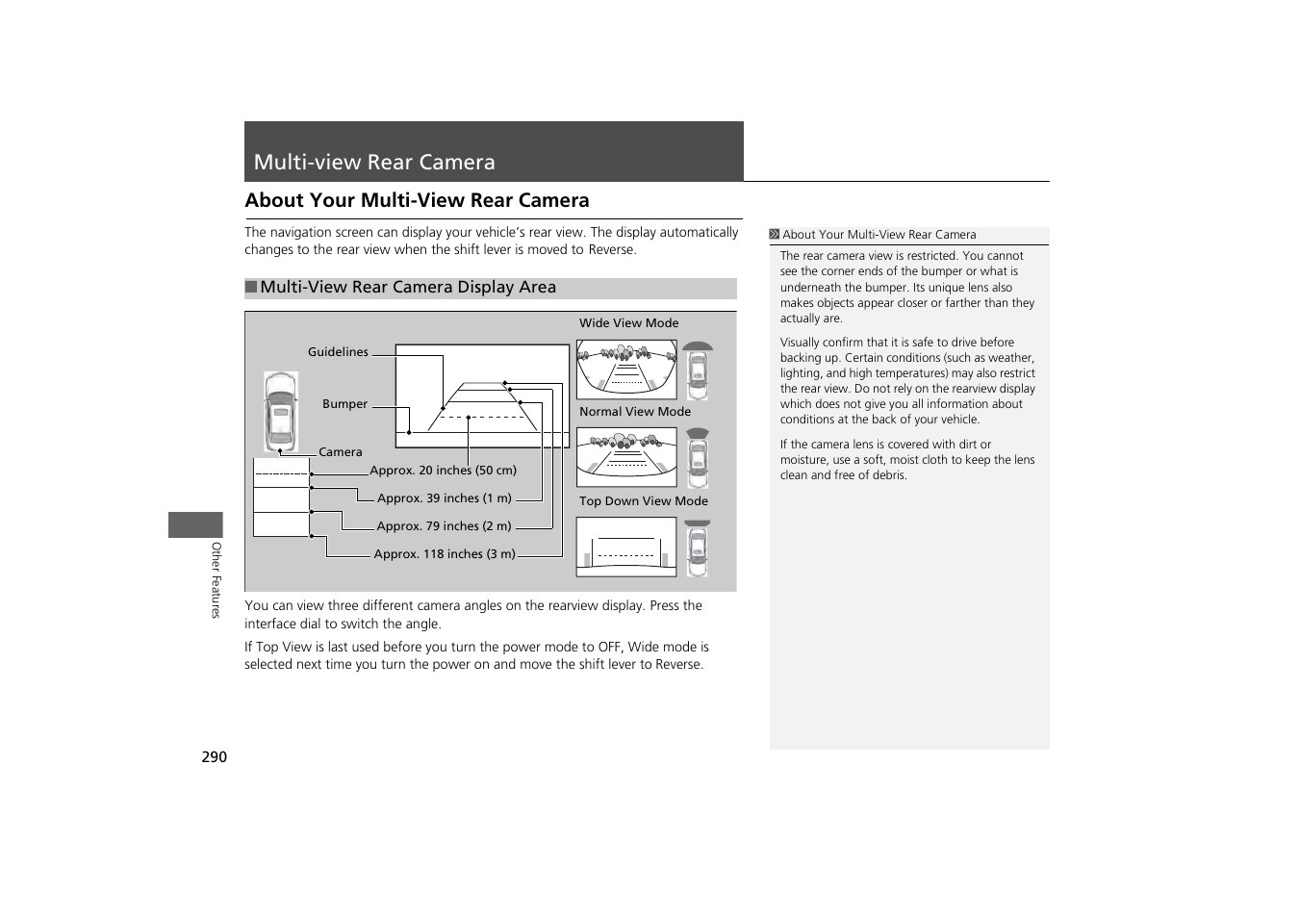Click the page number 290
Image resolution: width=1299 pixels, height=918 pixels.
point(214,757)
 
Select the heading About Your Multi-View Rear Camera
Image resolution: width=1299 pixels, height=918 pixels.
point(417,200)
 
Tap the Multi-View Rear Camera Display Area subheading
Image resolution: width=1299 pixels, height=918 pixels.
point(407,288)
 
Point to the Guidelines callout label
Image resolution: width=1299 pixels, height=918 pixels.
point(338,352)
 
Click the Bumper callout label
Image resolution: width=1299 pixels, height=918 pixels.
point(344,404)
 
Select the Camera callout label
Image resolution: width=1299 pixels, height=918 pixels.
point(340,452)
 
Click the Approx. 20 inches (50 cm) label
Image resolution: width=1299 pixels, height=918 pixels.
point(443,471)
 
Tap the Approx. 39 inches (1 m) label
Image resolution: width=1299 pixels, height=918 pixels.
point(444,498)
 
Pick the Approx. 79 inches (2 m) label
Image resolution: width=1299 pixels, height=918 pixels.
point(444,526)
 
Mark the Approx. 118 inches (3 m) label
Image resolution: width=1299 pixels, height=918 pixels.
point(444,554)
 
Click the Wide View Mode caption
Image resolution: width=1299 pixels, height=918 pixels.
point(628,323)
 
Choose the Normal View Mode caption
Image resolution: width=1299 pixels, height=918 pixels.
point(634,412)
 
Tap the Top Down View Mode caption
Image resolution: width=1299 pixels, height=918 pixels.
point(643,501)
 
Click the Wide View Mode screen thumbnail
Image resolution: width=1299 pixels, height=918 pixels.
point(625,370)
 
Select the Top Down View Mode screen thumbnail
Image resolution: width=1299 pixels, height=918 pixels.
point(625,547)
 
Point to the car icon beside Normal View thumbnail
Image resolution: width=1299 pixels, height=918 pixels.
point(698,458)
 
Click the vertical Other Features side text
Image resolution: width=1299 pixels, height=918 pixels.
point(216,579)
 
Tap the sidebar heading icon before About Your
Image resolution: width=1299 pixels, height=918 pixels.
point(774,235)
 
